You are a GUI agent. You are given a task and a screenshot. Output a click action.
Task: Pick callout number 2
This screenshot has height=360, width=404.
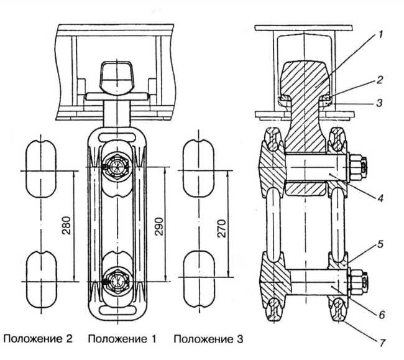point(379,80)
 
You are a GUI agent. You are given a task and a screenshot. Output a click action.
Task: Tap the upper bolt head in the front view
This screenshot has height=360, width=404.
point(117,167)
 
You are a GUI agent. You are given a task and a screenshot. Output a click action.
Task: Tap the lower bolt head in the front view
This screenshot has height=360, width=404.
point(117,281)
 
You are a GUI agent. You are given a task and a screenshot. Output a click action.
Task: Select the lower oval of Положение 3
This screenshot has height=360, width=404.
point(200,265)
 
